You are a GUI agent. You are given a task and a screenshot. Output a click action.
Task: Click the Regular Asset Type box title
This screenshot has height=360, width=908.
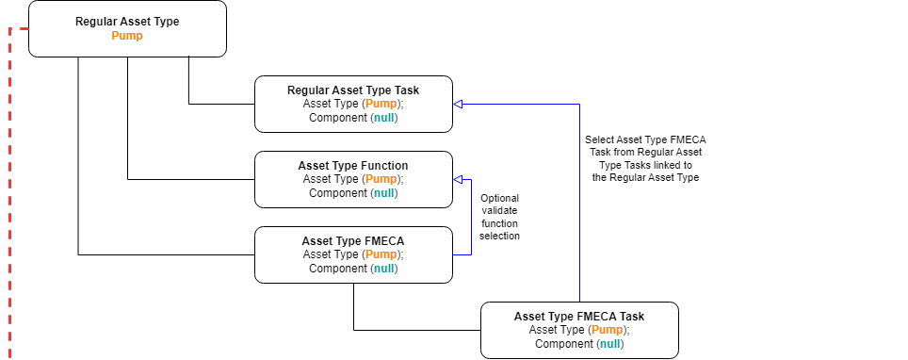(127, 21)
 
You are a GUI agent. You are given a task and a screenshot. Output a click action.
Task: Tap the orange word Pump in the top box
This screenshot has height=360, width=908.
(127, 36)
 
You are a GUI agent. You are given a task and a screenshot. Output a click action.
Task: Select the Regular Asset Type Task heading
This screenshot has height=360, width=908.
(353, 90)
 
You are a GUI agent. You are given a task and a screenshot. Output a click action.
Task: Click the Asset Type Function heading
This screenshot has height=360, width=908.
(353, 166)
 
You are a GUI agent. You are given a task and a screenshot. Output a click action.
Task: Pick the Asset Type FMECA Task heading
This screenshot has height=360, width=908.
(579, 317)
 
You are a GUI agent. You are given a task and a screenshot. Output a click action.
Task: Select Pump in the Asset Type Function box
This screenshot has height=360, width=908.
(381, 179)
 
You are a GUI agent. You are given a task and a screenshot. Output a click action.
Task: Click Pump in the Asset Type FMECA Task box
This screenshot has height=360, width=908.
(608, 330)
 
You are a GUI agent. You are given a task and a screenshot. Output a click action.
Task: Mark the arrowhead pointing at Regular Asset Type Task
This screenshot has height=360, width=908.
(459, 104)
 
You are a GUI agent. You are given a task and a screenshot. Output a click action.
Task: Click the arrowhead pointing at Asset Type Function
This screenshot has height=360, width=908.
(459, 179)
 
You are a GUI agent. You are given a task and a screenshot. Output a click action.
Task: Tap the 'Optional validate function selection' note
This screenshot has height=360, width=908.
(500, 217)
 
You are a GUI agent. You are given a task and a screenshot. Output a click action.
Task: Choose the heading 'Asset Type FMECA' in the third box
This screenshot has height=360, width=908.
(353, 241)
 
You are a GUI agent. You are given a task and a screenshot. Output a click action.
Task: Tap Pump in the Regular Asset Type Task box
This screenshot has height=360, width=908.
(381, 104)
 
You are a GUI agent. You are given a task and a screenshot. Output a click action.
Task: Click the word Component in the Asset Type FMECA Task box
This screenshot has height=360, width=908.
(563, 344)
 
